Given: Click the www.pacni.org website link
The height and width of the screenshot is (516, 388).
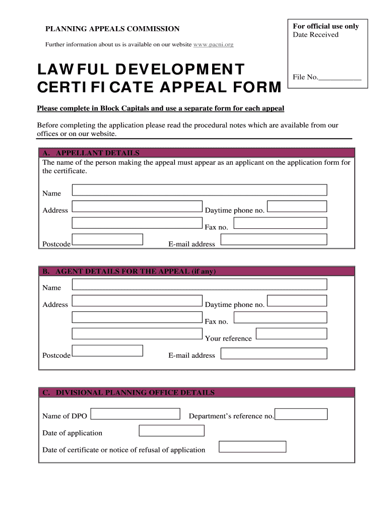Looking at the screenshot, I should (213, 45).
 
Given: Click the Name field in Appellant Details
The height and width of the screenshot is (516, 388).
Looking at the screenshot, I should (200, 190).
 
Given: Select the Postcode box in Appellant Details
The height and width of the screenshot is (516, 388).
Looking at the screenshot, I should (107, 239).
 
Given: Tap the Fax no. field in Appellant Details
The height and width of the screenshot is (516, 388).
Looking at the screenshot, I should (280, 223).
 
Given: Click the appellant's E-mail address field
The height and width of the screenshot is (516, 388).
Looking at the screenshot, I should (274, 239).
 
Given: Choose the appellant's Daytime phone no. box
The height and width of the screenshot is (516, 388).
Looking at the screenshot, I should (297, 206).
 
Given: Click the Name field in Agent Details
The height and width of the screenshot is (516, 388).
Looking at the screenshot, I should (200, 284).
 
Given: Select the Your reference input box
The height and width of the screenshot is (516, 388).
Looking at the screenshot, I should (291, 334).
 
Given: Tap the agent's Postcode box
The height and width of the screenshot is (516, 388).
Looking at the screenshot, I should (107, 351).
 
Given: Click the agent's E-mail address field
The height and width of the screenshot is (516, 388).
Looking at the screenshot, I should (274, 353).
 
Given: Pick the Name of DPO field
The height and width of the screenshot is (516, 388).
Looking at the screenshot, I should (135, 414).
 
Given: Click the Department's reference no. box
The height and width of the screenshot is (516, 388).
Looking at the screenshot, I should (301, 414).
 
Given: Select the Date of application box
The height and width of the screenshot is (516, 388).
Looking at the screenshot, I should (171, 430).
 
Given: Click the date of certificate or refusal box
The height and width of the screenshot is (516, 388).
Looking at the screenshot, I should (252, 446).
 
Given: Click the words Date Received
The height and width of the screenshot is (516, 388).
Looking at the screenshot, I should (315, 35).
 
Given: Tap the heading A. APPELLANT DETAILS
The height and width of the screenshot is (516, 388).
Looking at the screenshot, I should (91, 153).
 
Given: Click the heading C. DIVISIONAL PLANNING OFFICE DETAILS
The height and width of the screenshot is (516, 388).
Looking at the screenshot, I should (128, 393).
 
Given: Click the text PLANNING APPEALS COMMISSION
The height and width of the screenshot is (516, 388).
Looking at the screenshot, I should (112, 29).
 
